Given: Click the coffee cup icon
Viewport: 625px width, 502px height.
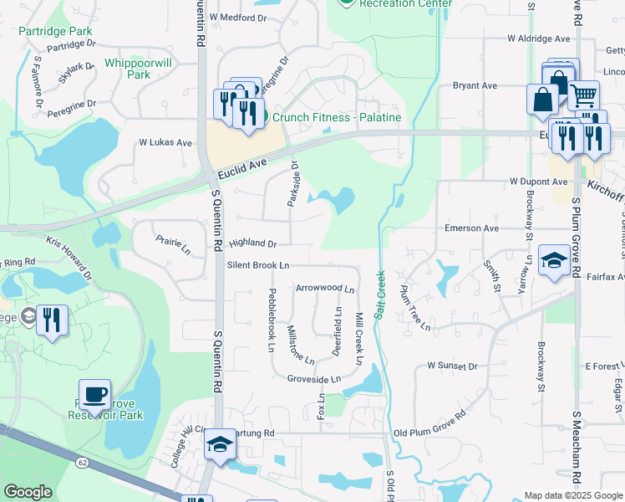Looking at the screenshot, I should click(x=95, y=394).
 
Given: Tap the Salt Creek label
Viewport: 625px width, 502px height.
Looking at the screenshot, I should click(x=379, y=293).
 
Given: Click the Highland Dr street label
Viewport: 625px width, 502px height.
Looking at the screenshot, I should click(x=252, y=243).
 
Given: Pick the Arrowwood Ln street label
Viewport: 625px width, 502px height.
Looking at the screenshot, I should click(x=325, y=287).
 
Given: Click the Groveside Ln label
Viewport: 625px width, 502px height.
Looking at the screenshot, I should click(x=314, y=379).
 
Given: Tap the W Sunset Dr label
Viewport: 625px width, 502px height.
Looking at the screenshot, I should click(x=451, y=366).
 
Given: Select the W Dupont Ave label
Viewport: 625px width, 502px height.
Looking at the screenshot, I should click(x=539, y=181).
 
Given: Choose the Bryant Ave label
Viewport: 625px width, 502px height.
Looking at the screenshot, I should click(x=475, y=85).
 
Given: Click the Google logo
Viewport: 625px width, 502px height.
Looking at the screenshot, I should click(x=28, y=493).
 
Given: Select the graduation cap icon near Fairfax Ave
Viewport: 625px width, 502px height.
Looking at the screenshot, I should click(x=555, y=262).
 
